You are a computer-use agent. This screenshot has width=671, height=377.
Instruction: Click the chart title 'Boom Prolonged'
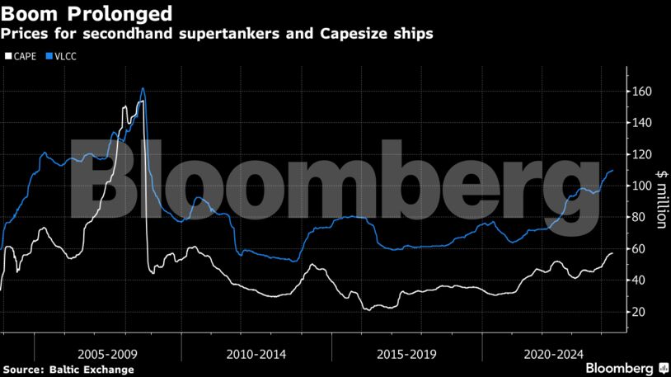coord(87,13)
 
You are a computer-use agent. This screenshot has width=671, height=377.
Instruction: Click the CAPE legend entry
coord(22,56)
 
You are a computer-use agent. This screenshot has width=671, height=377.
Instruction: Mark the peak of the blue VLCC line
coord(143,88)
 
